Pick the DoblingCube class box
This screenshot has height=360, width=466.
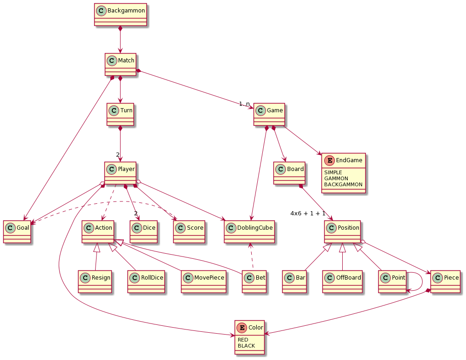click(x=249, y=232)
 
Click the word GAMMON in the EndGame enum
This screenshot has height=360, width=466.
click(x=336, y=178)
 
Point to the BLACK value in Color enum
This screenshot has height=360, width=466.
click(x=246, y=346)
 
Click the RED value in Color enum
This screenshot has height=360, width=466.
click(x=243, y=340)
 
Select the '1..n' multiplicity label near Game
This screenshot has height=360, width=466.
click(x=244, y=104)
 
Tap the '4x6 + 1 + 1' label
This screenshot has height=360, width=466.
click(x=308, y=214)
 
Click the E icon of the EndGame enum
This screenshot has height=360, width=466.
click(x=329, y=160)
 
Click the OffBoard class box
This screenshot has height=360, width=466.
click(x=342, y=281)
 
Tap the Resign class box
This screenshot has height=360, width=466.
click(x=95, y=281)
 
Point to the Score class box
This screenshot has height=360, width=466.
click(x=189, y=232)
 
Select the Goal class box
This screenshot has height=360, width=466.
click(x=17, y=232)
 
